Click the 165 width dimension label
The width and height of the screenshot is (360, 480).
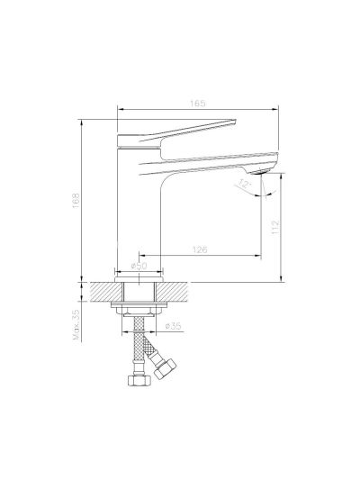pyautogui.click(x=198, y=104)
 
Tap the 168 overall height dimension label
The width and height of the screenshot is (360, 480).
pyautogui.click(x=76, y=201)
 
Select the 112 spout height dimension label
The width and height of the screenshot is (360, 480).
pyautogui.click(x=275, y=227)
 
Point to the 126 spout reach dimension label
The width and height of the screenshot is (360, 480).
pyautogui.click(x=200, y=249)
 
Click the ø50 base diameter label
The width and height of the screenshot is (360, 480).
pyautogui.click(x=139, y=266)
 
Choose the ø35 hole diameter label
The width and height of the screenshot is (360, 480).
pyautogui.click(x=173, y=326)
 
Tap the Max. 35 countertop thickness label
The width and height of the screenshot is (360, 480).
pyautogui.click(x=76, y=325)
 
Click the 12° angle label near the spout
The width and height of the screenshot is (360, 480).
pyautogui.click(x=245, y=185)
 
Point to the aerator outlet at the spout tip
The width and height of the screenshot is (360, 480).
pyautogui.click(x=259, y=173)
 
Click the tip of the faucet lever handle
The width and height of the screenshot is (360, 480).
pyautogui.click(x=236, y=120)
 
